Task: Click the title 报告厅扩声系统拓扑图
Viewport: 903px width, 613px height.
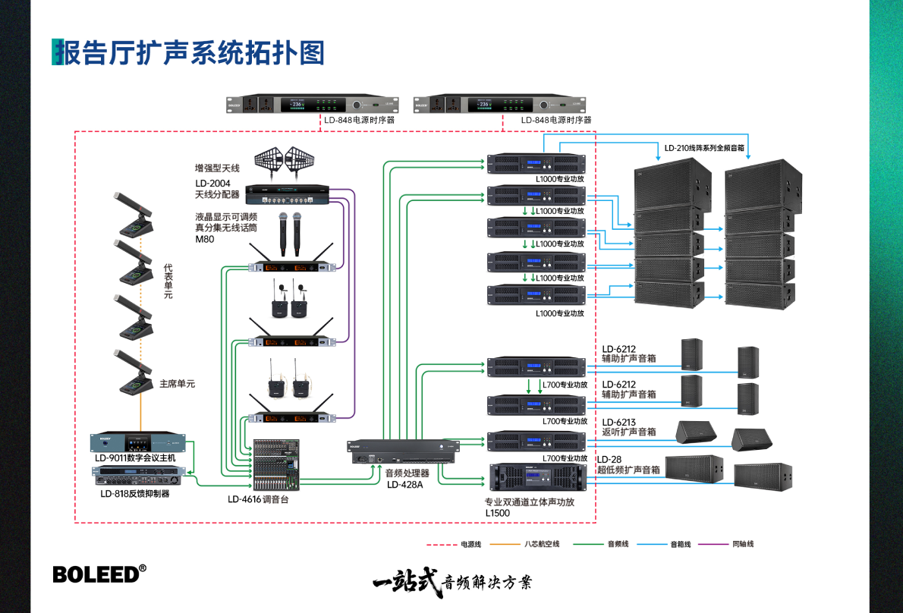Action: click(189, 52)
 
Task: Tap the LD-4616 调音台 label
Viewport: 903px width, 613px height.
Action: click(258, 499)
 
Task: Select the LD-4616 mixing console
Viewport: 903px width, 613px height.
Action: click(277, 465)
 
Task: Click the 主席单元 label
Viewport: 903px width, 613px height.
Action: click(177, 384)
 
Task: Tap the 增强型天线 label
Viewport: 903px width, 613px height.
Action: click(217, 168)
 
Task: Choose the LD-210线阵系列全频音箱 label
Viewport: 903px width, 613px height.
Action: click(704, 149)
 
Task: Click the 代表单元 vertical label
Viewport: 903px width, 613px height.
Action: click(168, 281)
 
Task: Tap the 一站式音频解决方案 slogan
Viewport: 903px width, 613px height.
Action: click(452, 582)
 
